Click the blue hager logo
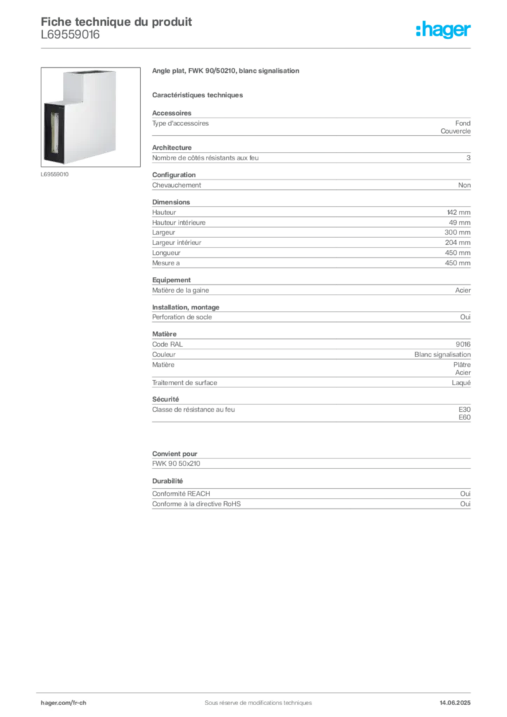[445, 31]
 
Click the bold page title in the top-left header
[116, 20]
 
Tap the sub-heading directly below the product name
[198, 94]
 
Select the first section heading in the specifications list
[172, 114]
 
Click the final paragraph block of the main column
[310, 501]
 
